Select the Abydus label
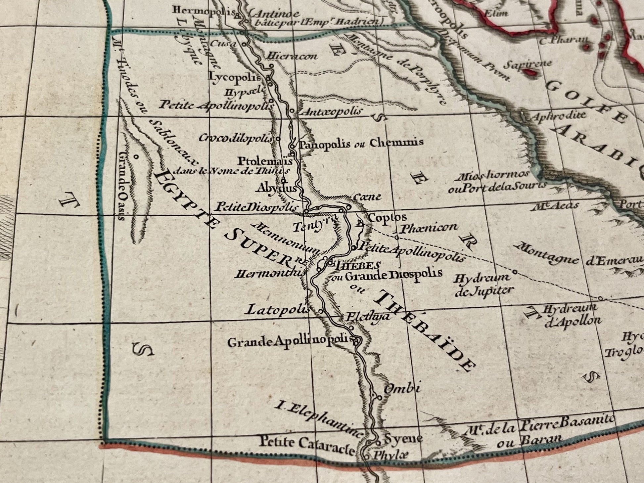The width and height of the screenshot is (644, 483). click(276, 189)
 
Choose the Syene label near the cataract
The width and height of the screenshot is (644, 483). click(403, 439)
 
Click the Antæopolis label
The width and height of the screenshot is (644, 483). click(330, 112)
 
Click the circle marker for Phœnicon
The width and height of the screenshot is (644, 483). click(396, 237)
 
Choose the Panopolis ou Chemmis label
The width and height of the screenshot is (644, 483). click(361, 144)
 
